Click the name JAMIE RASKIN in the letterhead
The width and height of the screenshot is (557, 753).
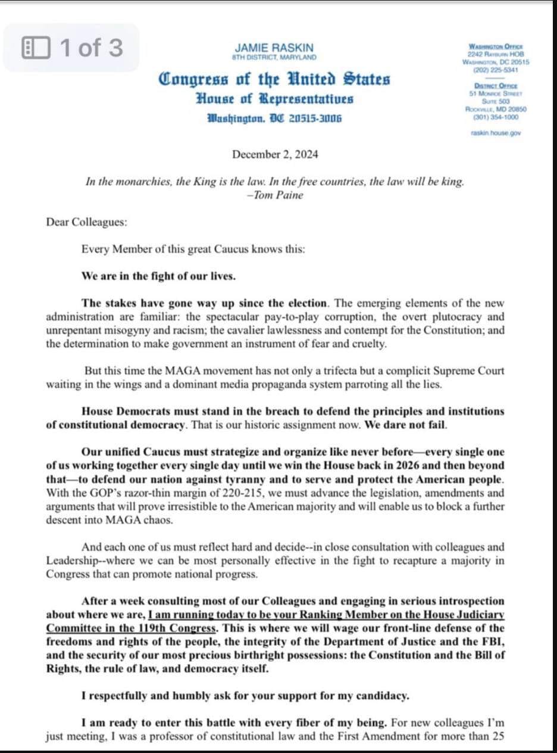pyautogui.click(x=274, y=48)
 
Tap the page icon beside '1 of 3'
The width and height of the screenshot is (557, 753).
pyautogui.click(x=35, y=48)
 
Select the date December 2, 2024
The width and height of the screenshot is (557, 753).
pyautogui.click(x=275, y=154)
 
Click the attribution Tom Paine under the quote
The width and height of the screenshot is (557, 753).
pyautogui.click(x=278, y=195)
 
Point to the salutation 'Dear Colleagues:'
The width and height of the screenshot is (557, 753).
pyautogui.click(x=86, y=222)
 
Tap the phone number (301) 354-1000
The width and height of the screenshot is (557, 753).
pyautogui.click(x=495, y=117)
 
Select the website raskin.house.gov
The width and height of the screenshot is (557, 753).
pyautogui.click(x=495, y=133)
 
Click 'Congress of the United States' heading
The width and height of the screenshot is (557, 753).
pyautogui.click(x=274, y=79)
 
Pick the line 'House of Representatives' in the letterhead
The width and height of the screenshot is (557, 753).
pyautogui.click(x=274, y=99)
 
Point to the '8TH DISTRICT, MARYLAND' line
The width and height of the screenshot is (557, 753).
pyautogui.click(x=274, y=58)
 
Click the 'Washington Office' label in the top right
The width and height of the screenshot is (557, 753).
pyautogui.click(x=495, y=46)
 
